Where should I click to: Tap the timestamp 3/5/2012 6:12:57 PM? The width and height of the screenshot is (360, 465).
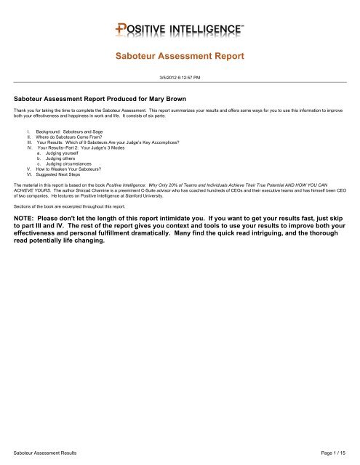[x=180, y=77]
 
